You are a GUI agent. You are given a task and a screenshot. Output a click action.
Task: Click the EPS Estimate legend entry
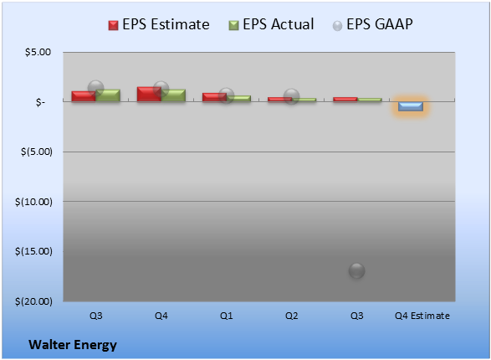click(159, 24)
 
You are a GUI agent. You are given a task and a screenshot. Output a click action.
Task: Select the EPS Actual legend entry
click(271, 24)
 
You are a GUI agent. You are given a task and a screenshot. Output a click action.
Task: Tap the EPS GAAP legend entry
click(372, 24)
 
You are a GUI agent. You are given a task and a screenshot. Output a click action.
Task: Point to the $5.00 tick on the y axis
click(38, 52)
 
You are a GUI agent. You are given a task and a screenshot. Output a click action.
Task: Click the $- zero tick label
click(40, 102)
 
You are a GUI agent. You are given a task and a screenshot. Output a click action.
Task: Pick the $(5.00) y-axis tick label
click(37, 152)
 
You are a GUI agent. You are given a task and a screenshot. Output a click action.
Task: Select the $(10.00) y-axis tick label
click(33, 202)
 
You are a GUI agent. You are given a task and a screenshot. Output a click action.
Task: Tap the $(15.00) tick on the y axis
click(33, 251)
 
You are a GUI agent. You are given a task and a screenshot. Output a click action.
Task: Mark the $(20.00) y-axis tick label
click(33, 301)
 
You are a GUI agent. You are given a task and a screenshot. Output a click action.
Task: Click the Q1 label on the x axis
click(227, 316)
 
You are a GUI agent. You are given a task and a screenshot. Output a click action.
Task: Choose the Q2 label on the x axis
click(292, 316)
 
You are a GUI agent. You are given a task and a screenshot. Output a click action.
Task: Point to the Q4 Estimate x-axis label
click(422, 316)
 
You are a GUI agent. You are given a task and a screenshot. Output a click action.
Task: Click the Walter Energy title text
click(73, 345)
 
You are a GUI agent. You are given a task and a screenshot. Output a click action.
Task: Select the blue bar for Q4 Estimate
click(411, 106)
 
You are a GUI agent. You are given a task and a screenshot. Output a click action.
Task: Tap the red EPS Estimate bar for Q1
click(214, 97)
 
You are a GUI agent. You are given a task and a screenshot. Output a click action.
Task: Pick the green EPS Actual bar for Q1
click(238, 99)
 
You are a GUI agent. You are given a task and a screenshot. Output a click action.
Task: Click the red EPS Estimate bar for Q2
click(279, 100)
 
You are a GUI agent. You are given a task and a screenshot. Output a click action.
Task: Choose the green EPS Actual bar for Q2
click(304, 100)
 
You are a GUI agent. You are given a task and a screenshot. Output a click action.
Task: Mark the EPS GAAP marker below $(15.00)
click(356, 270)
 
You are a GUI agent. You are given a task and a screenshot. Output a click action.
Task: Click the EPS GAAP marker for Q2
click(292, 96)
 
